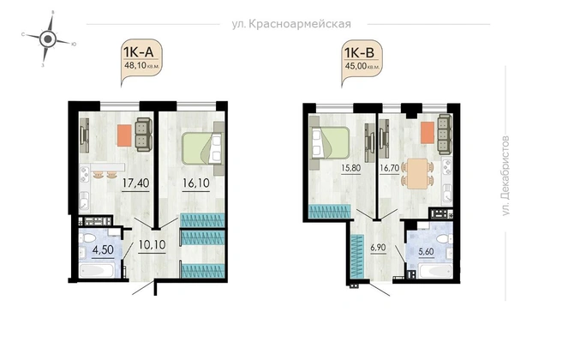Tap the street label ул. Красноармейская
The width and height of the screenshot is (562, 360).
291,24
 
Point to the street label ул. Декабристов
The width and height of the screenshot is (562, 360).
505,176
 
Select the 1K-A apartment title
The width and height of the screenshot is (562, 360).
138,52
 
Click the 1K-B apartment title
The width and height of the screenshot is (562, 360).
359,53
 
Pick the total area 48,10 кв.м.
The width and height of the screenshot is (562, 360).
141,66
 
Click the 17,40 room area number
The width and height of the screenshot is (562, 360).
135,183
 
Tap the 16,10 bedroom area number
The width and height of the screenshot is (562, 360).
195,183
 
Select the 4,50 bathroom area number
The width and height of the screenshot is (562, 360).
103,249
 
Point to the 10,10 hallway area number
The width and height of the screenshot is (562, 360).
152,245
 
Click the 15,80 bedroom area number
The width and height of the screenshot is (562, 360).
351,168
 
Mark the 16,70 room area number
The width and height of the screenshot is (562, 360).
389,168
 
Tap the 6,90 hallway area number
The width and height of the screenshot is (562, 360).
378,248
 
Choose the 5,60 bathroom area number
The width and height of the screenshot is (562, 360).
426,251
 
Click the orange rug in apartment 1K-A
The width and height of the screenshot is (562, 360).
124,135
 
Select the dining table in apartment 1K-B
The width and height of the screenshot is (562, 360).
418,173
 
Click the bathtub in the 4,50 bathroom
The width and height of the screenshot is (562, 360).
97,271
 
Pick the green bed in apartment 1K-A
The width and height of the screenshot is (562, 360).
202,149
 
